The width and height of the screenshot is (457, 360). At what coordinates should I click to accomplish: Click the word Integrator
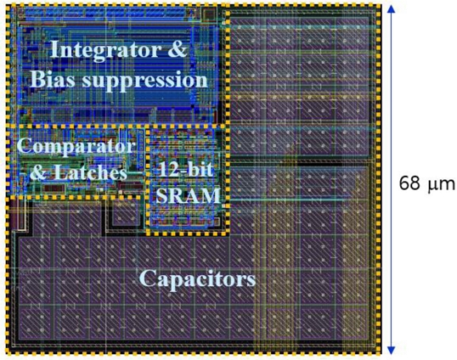105,51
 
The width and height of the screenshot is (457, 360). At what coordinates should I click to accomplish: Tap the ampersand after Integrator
177,49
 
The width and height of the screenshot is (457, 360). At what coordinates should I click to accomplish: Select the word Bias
53,79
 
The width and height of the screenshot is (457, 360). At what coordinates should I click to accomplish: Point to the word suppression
145,82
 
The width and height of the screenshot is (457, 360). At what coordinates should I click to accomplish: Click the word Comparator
76,147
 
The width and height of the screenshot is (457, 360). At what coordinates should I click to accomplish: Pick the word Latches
91,172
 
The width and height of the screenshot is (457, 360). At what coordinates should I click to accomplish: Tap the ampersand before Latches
40,172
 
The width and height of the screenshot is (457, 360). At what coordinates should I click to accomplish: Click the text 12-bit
185,169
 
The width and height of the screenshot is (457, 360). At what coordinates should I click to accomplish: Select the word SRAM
189,195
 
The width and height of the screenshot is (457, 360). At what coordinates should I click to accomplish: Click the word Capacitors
198,278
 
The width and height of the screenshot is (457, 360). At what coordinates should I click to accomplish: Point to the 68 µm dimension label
426,183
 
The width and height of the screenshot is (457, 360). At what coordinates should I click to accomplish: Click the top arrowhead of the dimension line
391,9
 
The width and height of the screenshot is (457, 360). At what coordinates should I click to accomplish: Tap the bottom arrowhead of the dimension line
391,350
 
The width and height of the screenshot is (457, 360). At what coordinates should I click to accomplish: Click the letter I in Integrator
55,50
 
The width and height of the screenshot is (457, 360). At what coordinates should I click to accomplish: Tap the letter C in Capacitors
147,278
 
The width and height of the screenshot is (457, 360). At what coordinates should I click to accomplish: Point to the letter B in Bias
38,79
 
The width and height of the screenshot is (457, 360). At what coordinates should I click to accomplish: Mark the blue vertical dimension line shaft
391,179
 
